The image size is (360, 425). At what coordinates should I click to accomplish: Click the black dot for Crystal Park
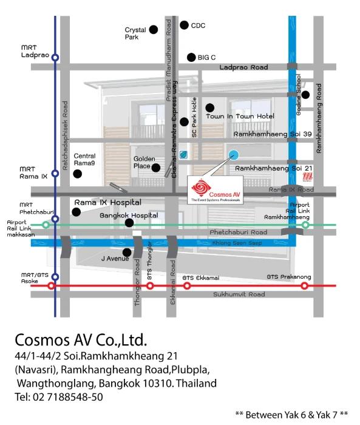point(154,29)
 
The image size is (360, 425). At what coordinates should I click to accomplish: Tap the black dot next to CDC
point(185,25)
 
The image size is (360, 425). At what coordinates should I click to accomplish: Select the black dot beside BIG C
point(191,57)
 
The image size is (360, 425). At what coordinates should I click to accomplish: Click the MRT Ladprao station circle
point(55,58)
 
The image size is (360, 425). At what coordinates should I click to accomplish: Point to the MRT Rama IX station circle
point(55,173)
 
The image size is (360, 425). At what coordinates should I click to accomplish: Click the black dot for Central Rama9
point(77,174)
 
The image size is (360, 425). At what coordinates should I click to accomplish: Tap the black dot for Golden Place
point(156,168)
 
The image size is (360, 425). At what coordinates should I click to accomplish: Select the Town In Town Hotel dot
point(209,107)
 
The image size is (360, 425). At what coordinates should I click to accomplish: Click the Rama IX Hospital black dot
point(76,212)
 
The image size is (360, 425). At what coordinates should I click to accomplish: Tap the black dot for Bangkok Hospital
point(129,223)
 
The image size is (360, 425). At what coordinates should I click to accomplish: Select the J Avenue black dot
point(126,253)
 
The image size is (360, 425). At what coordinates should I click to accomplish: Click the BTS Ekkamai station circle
point(187,285)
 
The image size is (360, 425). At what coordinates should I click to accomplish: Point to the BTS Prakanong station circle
point(304,285)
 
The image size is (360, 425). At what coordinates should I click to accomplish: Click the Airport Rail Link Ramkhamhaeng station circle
point(305,225)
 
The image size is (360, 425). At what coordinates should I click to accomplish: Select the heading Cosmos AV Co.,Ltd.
point(81,338)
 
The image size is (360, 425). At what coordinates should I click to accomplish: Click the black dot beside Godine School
point(306,94)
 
